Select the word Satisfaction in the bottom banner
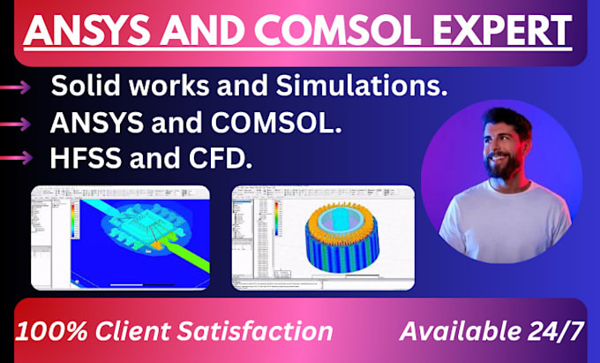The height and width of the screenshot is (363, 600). [x=262, y=332]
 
